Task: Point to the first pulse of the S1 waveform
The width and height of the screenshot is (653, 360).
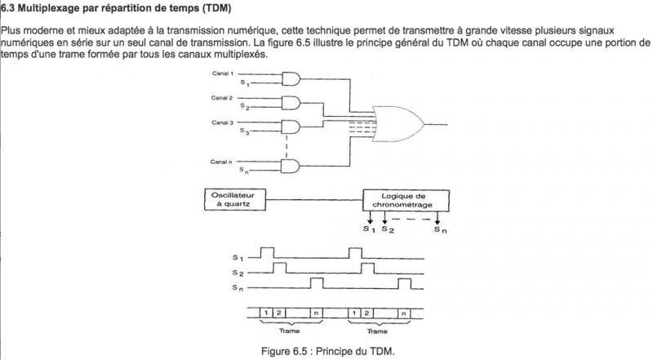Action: point(269,251)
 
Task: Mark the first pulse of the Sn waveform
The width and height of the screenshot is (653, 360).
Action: point(317,282)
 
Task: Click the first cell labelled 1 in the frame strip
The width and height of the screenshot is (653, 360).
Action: point(266,313)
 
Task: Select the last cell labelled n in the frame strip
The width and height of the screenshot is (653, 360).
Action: point(402,313)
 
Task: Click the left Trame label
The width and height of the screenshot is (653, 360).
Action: point(290,331)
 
